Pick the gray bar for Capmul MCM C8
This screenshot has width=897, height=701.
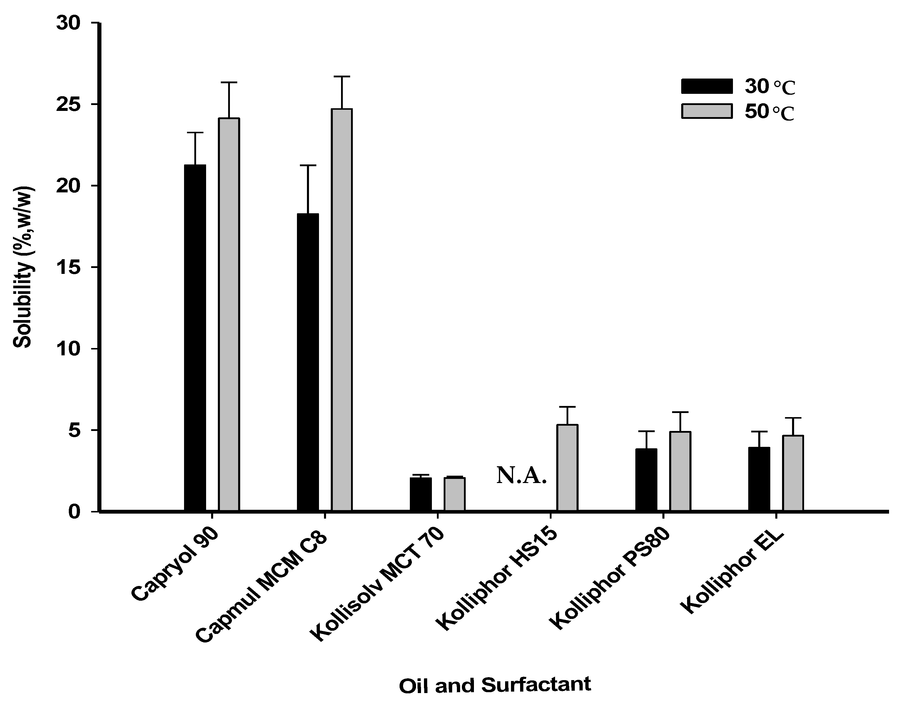342,310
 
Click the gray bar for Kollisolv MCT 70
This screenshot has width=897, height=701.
454,494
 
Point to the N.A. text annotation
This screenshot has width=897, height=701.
522,476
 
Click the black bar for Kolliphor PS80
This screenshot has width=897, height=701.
646,480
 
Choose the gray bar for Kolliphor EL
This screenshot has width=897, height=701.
793,473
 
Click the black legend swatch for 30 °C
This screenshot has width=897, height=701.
706,86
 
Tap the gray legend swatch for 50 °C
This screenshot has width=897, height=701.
706,111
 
